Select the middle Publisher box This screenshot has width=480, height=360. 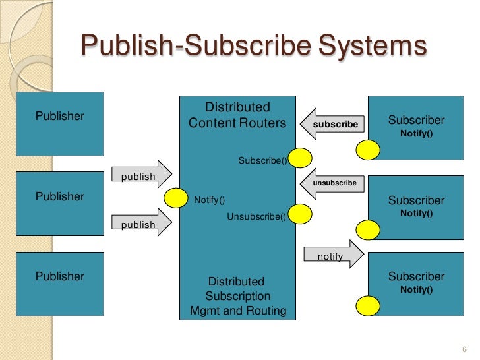click(x=61, y=205)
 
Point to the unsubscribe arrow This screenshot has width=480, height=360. click(x=333, y=182)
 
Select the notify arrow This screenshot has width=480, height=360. click(x=334, y=254)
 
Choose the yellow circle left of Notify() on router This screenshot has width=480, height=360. click(x=176, y=197)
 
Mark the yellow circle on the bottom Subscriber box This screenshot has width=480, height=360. click(x=367, y=306)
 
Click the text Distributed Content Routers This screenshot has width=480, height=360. click(x=237, y=115)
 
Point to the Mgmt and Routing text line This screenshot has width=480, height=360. click(x=237, y=311)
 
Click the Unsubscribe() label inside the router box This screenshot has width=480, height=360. click(x=256, y=216)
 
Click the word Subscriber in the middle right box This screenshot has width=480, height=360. click(x=416, y=200)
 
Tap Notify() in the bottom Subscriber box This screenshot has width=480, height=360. click(x=416, y=289)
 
